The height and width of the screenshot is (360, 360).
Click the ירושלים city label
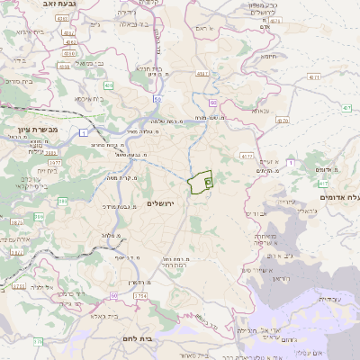tap(164, 204)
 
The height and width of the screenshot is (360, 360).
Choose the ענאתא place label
tap(261, 110)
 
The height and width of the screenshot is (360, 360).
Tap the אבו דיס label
tap(255, 213)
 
